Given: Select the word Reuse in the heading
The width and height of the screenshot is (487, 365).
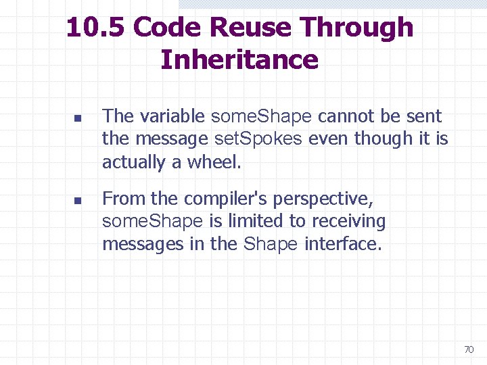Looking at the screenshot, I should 252,28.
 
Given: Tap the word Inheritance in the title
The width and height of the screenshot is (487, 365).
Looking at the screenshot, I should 239,59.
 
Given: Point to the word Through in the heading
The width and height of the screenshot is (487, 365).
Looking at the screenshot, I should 357,28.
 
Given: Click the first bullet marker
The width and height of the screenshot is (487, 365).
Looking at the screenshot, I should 77,118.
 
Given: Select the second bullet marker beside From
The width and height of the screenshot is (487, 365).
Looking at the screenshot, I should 77,201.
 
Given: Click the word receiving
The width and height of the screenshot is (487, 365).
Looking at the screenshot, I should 352,221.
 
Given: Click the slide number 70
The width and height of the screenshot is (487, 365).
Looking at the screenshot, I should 468,349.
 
